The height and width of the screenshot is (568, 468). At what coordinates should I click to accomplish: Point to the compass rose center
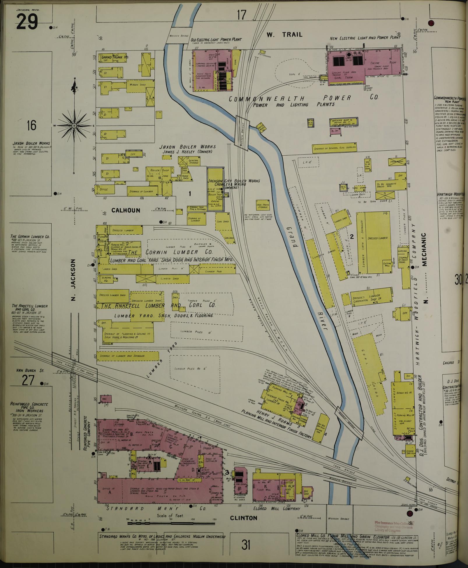pyautogui.click(x=74, y=126)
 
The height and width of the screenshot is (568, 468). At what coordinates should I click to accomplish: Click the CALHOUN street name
pyautogui.click(x=122, y=210)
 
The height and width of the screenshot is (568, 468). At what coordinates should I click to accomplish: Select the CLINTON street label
pyautogui.click(x=244, y=518)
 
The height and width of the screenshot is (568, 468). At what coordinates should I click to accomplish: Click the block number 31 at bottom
pyautogui.click(x=246, y=544)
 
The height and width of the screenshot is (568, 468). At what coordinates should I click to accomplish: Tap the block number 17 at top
pyautogui.click(x=242, y=15)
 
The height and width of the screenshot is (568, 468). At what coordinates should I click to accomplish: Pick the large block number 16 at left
pyautogui.click(x=31, y=126)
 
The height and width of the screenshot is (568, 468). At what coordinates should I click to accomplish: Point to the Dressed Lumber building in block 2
pyautogui.click(x=378, y=238)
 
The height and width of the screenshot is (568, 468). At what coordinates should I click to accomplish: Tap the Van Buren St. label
pyautogui.click(x=30, y=371)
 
